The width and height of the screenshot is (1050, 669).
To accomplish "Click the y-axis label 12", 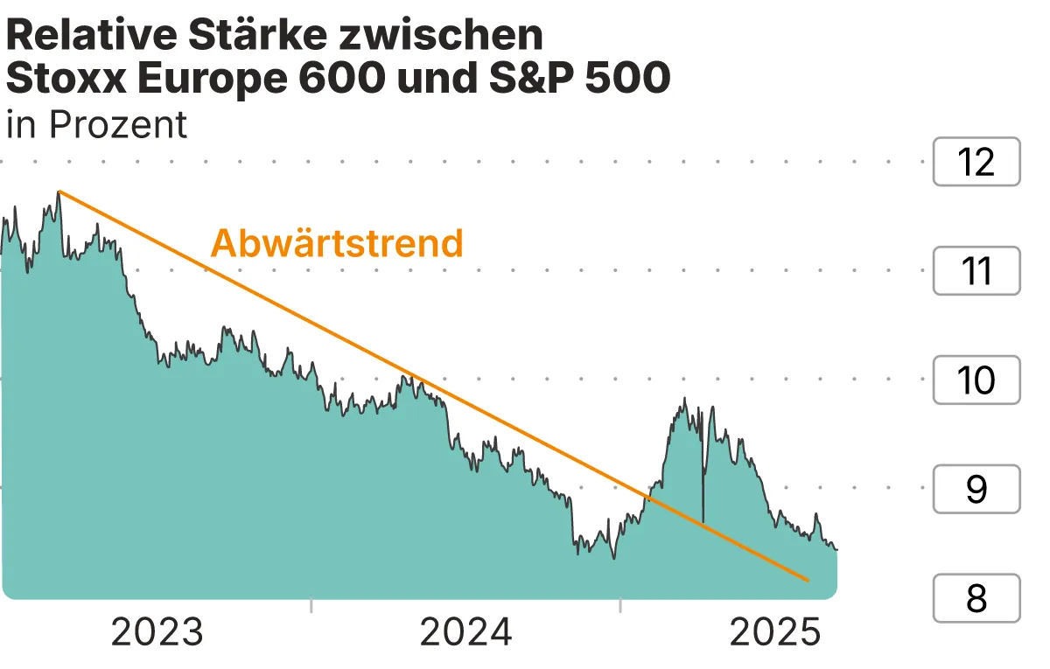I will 976,163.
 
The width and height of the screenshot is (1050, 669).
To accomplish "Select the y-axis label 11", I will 976,271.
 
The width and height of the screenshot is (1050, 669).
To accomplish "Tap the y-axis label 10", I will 976,380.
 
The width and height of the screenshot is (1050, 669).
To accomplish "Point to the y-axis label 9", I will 976,490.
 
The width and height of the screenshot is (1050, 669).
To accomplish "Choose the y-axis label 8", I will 976,599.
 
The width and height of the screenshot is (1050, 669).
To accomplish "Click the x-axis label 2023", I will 157,632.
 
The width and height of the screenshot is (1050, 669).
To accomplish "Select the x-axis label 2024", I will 466,632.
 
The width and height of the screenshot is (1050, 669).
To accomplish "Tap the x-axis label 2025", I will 775,632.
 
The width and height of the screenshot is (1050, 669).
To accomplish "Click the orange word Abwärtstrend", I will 337,243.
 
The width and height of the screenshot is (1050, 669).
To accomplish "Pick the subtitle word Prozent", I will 118,124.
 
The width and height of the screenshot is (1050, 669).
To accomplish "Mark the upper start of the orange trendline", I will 59,191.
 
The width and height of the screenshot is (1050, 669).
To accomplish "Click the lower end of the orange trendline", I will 807,580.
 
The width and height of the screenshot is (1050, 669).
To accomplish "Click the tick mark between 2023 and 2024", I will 311,605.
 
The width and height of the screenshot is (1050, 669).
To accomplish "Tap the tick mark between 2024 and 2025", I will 620,605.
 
